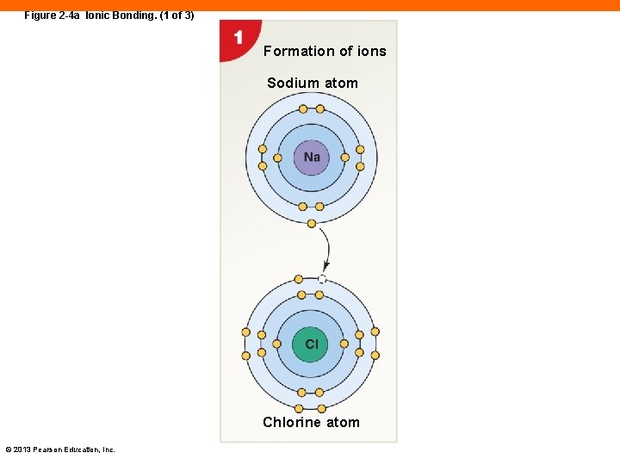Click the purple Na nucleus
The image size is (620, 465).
pyautogui.click(x=312, y=157)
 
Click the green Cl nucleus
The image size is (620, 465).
pyautogui.click(x=311, y=344)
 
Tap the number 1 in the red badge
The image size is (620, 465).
pyautogui.click(x=237, y=38)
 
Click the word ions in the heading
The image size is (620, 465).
pyautogui.click(x=372, y=51)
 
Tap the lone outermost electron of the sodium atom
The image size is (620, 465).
pyautogui.click(x=312, y=224)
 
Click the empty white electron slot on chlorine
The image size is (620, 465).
pyautogui.click(x=322, y=279)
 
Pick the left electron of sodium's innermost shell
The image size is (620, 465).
pyautogui.click(x=277, y=158)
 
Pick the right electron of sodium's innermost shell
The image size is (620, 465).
pyautogui.click(x=345, y=158)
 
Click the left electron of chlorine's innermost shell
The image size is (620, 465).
pyautogui.click(x=276, y=344)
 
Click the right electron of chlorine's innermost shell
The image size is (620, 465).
pyautogui.click(x=344, y=344)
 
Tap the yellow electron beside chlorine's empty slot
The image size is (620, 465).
pyautogui.click(x=299, y=279)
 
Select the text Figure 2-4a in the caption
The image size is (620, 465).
pyautogui.click(x=53, y=15)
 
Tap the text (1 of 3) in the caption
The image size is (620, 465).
pyautogui.click(x=175, y=15)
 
